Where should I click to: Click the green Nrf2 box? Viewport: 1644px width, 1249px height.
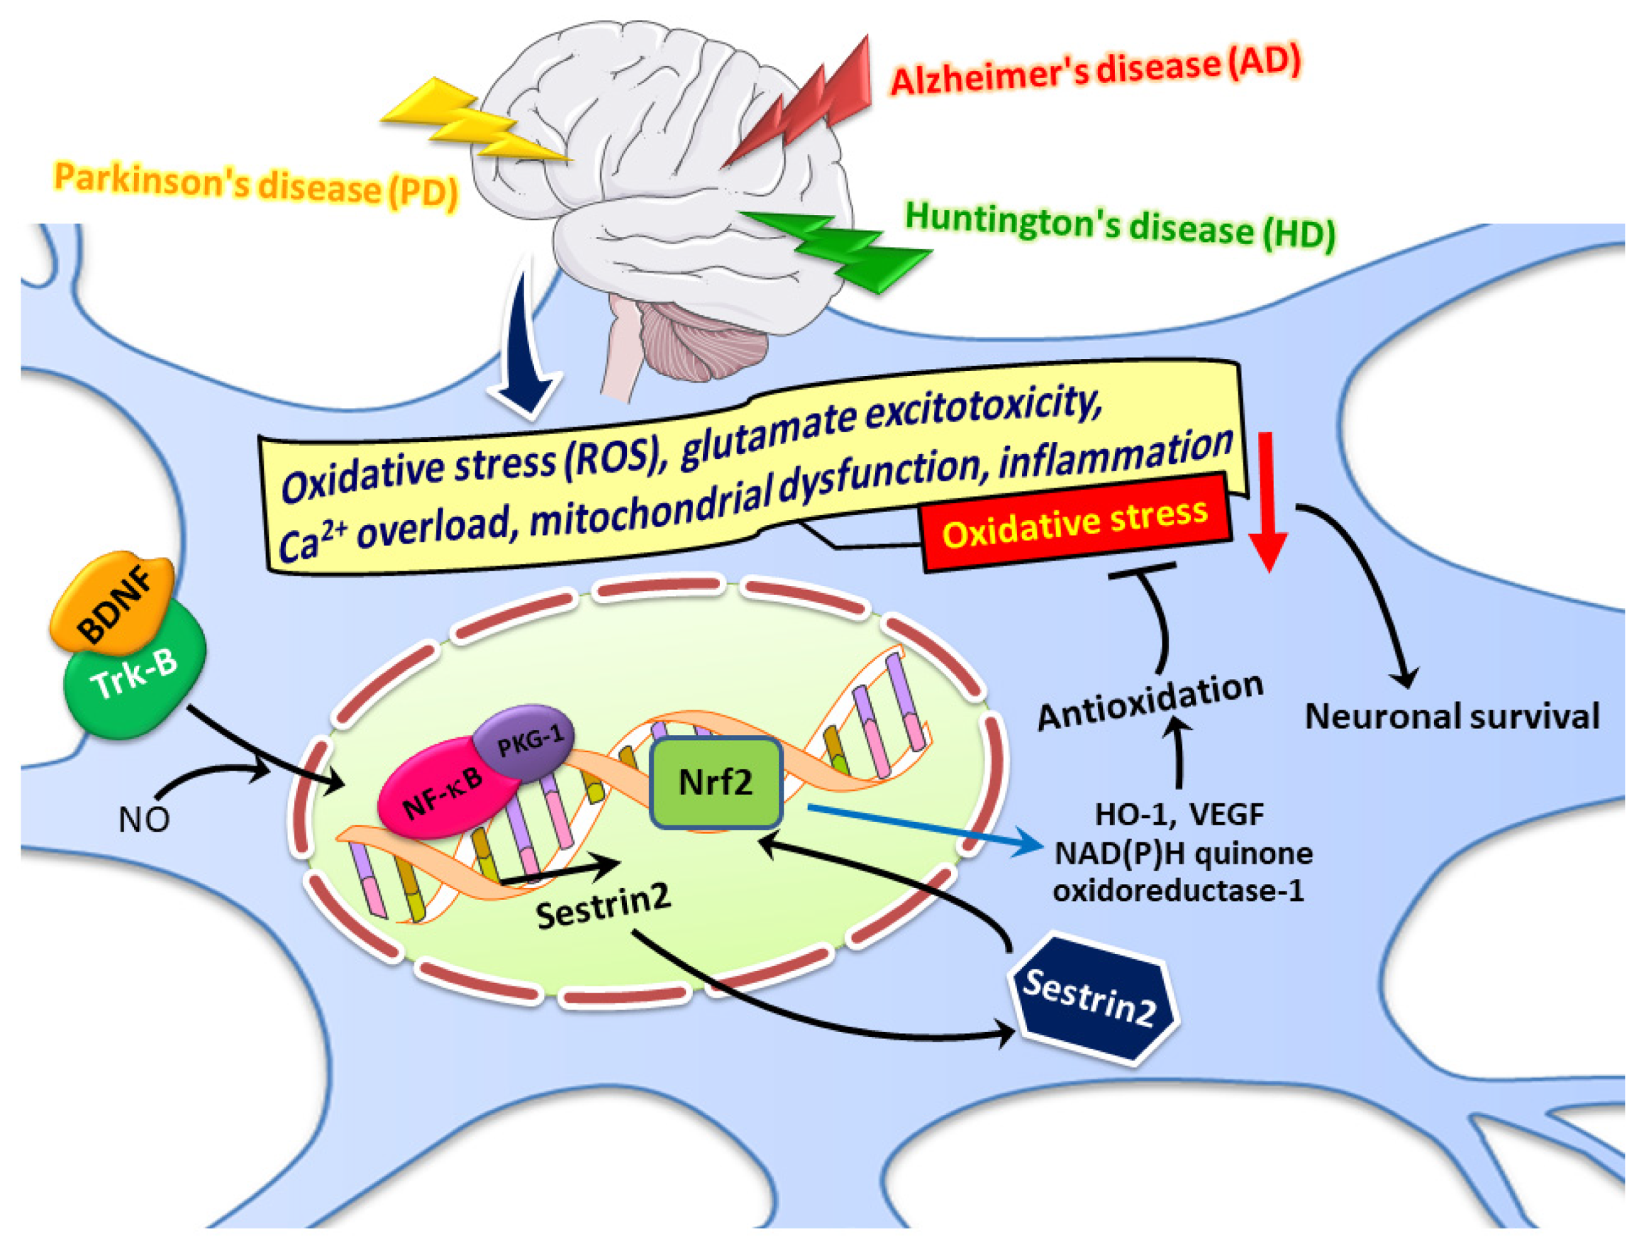716,783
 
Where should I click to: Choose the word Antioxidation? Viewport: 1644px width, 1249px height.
1150,700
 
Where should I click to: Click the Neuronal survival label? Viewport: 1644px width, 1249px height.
1452,717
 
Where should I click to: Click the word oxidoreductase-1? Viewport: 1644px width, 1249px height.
1178,891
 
